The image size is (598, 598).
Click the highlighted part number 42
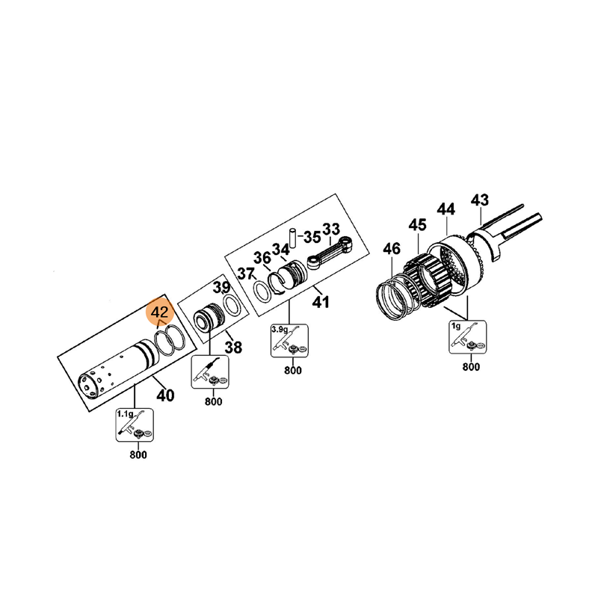coord(160,312)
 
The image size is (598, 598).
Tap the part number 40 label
coord(165,395)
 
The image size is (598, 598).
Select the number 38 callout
coord(233,348)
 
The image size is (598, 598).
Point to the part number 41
coord(321,302)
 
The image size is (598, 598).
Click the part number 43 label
coord(479,200)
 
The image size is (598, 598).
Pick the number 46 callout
coord(392,249)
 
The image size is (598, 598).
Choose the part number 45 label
coord(417,225)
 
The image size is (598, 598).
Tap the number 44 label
coord(446,209)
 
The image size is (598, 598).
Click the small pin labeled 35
coord(293,238)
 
